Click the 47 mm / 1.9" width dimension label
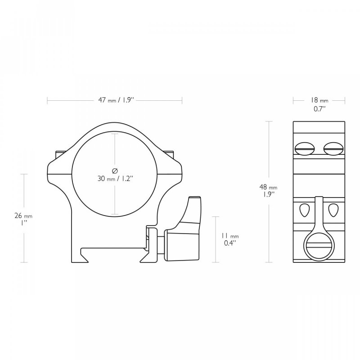116,100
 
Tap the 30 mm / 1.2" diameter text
115,178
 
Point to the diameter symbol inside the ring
115,171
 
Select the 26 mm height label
23,216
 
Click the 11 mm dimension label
230,236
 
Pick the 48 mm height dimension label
268,187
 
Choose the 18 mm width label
319,100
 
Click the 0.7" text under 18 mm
320,109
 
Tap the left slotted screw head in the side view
305,148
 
